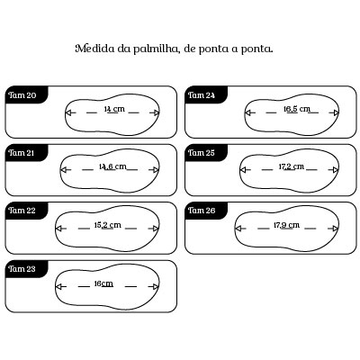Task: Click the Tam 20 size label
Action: pyautogui.click(x=22, y=95)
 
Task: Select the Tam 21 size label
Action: pyautogui.click(x=22, y=153)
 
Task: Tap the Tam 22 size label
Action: pyautogui.click(x=22, y=211)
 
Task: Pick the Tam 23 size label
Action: pyautogui.click(x=22, y=269)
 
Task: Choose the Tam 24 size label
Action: pyautogui.click(x=202, y=95)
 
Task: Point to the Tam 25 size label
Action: pyautogui.click(x=202, y=153)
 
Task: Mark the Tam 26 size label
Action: pyautogui.click(x=202, y=211)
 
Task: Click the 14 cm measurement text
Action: pyautogui.click(x=114, y=109)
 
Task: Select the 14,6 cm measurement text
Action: pyautogui.click(x=112, y=166)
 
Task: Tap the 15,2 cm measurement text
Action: pyautogui.click(x=108, y=225)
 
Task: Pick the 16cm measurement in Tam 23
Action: pyautogui.click(x=103, y=283)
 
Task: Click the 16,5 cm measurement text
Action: pyautogui.click(x=297, y=109)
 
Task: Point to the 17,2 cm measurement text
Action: pyautogui.click(x=292, y=166)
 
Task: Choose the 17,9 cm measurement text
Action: pyautogui.click(x=286, y=225)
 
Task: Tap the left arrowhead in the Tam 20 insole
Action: pyautogui.click(x=68, y=112)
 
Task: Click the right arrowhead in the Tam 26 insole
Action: pyautogui.click(x=336, y=229)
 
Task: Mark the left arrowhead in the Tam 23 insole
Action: pyautogui.click(x=58, y=286)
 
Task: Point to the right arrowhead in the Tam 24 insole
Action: pyautogui.click(x=337, y=112)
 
